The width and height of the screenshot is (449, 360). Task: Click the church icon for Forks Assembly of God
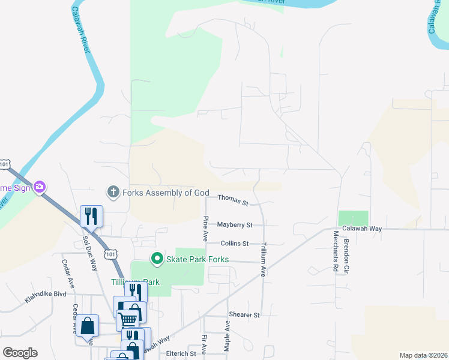[x=112, y=192]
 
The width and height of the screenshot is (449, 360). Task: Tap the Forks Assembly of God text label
[x=165, y=193]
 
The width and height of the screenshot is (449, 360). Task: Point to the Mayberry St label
[x=235, y=224]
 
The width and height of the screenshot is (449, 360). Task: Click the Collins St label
[x=234, y=244]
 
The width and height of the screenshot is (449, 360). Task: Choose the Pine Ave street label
[x=205, y=225]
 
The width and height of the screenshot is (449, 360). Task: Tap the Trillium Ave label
[x=263, y=259]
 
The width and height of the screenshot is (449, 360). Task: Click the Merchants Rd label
[x=336, y=255]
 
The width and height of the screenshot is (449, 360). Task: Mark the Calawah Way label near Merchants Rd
[x=362, y=229]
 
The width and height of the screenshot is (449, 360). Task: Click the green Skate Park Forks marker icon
[x=157, y=259]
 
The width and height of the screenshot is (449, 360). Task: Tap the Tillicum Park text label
[x=135, y=281]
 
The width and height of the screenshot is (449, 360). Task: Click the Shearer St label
[x=244, y=314]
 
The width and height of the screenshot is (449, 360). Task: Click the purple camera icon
[x=40, y=187]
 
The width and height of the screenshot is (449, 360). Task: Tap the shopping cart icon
[x=128, y=318]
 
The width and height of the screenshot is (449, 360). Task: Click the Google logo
[x=20, y=352]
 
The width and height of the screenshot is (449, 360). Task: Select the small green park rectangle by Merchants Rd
[x=353, y=218]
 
